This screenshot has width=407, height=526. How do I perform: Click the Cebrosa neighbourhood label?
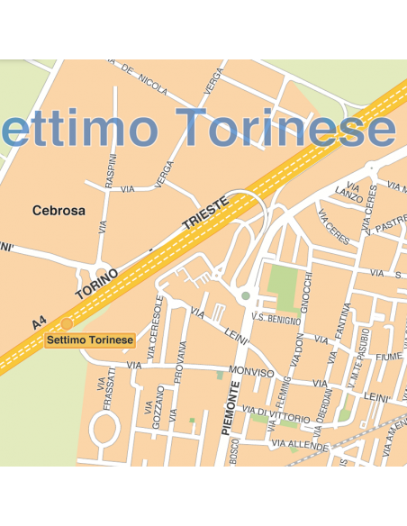coord(59,211)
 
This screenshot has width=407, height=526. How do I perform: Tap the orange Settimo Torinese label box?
coord(90,340)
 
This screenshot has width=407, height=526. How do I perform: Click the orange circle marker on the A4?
coord(67,323)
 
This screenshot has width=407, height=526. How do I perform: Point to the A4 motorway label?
coord(38,321)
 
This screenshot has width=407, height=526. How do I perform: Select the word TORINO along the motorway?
coord(97,281)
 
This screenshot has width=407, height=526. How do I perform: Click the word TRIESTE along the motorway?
coord(205,213)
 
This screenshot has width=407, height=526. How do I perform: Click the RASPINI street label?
coord(111,170)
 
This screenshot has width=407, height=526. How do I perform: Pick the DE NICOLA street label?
coord(145,80)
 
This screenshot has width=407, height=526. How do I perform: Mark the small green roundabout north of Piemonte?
coord(246,295)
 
